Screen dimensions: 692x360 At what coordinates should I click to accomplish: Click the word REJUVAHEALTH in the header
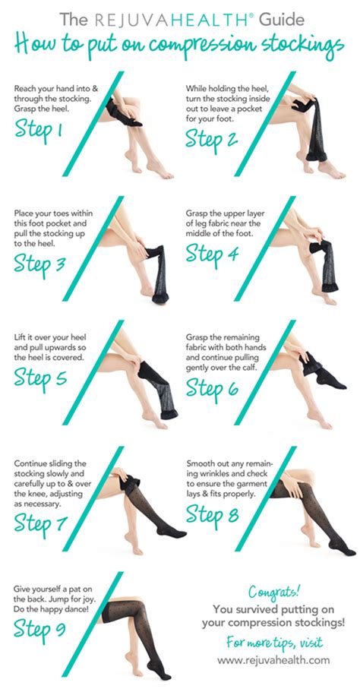pos(165,16)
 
